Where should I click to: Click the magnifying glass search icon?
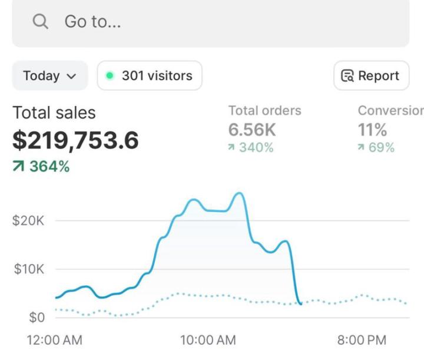(x=40, y=22)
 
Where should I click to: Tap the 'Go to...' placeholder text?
(x=92, y=22)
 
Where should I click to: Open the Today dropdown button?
(x=50, y=75)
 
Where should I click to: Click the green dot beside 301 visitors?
(x=110, y=75)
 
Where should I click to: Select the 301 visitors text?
(x=157, y=75)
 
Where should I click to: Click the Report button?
(x=371, y=75)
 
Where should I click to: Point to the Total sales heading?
(x=54, y=113)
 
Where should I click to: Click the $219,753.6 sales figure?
(x=75, y=140)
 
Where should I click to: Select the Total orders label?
(x=264, y=110)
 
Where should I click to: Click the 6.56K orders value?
(x=252, y=129)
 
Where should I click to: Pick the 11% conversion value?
(x=372, y=129)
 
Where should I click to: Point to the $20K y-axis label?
(x=28, y=221)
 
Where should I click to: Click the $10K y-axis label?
(x=28, y=269)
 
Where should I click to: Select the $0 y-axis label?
(x=37, y=318)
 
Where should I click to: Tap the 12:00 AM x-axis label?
(x=55, y=340)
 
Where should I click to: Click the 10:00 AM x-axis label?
(x=208, y=340)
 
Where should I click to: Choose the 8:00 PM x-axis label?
(x=362, y=340)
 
